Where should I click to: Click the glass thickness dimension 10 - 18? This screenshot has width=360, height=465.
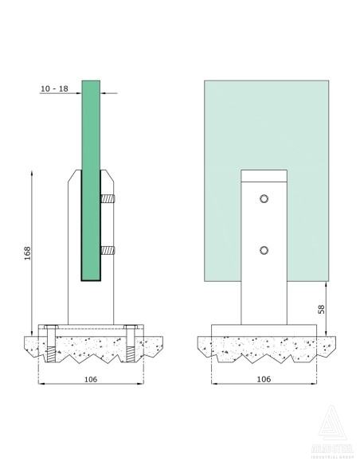53,89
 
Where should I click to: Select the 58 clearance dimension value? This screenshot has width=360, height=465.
321,308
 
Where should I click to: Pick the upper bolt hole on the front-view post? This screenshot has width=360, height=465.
264,197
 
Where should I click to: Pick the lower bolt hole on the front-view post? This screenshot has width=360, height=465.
264,251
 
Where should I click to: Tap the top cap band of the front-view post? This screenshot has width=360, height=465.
264,175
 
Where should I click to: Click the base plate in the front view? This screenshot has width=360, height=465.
264,329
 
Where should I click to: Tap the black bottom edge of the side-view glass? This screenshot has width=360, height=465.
90,282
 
